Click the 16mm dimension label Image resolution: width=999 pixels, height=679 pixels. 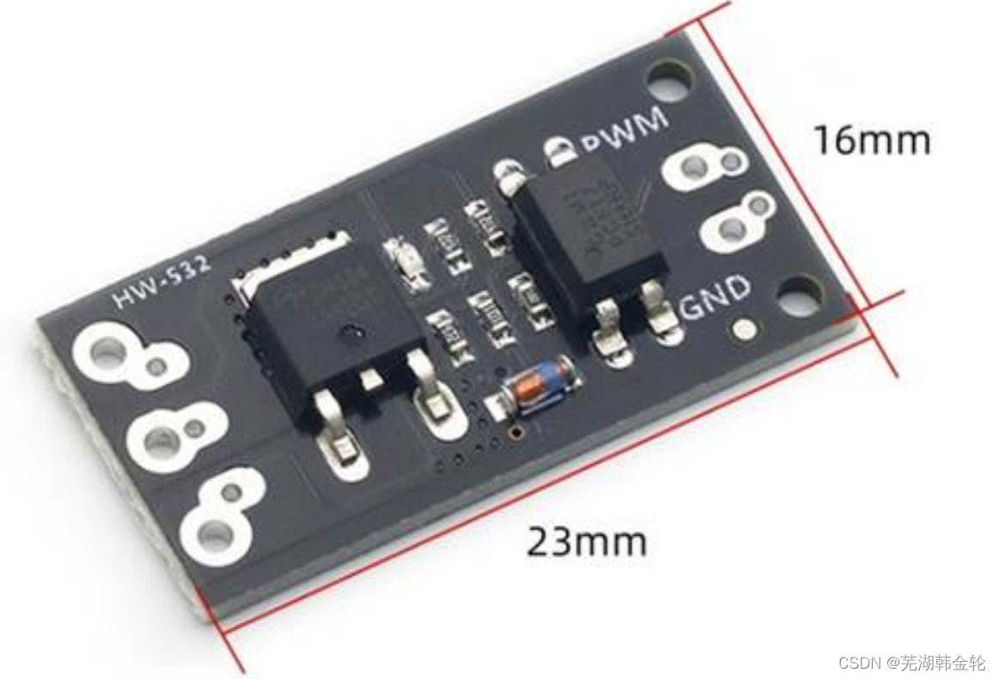871,141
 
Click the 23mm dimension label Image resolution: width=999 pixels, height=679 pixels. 586,543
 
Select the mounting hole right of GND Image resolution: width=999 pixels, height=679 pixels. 801,296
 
